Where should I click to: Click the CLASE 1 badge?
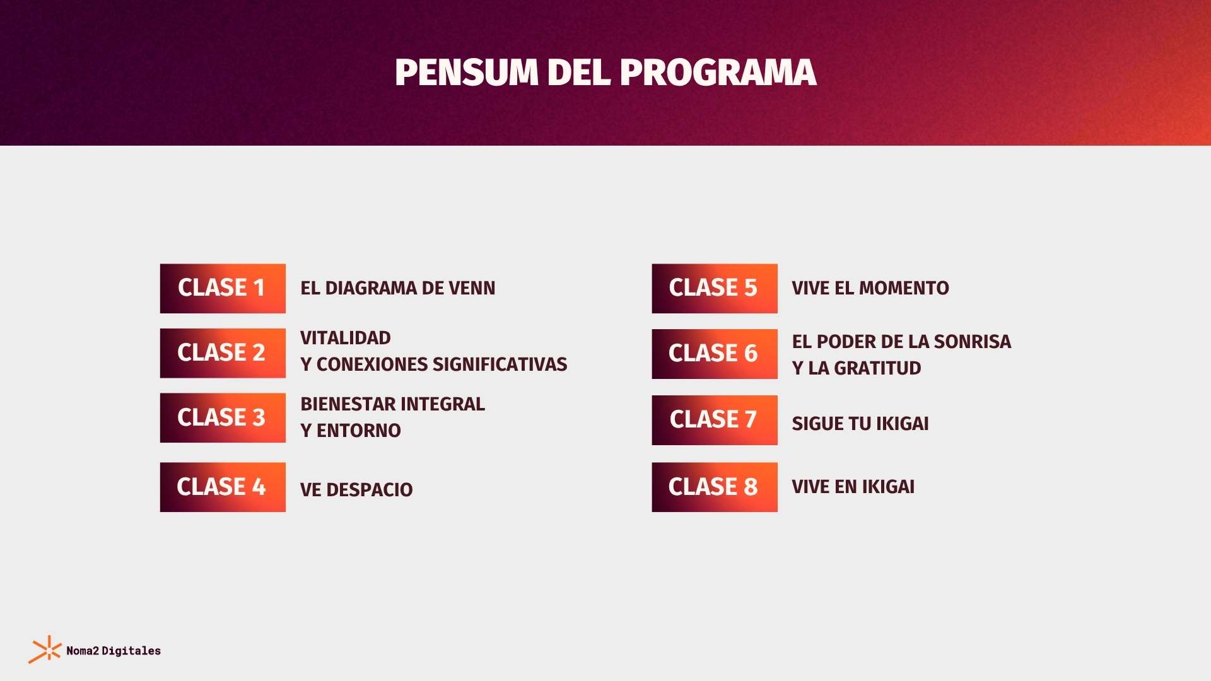[223, 288]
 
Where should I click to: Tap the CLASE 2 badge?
[223, 353]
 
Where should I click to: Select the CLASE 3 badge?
[223, 418]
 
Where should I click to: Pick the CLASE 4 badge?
[223, 487]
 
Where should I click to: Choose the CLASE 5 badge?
[715, 288]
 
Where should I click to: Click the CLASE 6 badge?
[715, 354]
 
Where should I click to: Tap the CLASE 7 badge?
[715, 420]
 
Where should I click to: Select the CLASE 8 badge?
[715, 487]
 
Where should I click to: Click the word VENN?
[472, 288]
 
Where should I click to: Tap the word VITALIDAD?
[346, 338]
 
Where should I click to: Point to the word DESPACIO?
[370, 490]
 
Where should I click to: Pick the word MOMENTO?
[904, 288]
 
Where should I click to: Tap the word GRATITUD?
[877, 368]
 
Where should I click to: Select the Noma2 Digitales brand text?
[114, 651]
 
